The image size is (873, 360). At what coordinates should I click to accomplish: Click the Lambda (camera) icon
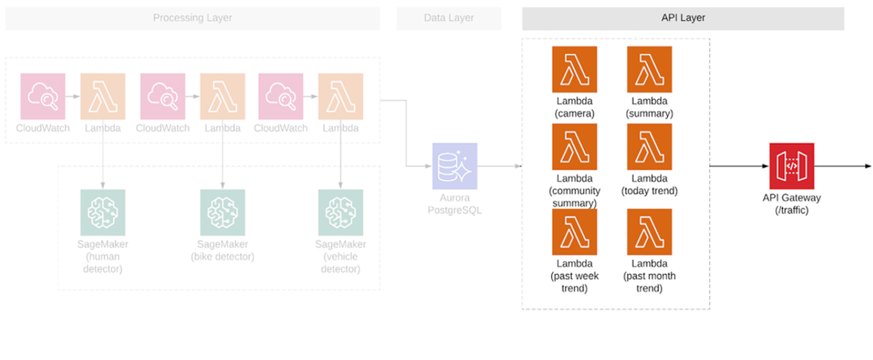(574, 69)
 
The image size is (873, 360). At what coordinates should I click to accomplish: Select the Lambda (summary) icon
(649, 69)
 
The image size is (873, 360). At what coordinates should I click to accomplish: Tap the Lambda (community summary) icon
(574, 147)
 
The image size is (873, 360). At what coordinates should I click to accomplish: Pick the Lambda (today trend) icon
(649, 147)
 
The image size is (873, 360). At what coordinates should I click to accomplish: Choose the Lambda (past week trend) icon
(574, 232)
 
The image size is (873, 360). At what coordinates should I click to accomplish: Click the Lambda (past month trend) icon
(649, 232)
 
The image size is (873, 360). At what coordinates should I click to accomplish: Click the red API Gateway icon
(791, 166)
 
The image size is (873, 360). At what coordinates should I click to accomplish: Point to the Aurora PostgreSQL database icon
(455, 166)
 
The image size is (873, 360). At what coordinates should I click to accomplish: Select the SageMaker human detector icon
(103, 212)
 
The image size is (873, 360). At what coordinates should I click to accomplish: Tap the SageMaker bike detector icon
(222, 212)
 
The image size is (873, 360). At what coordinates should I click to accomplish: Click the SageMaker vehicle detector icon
(340, 212)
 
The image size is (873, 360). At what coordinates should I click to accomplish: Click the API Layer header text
(683, 18)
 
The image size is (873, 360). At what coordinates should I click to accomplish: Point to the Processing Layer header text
(193, 18)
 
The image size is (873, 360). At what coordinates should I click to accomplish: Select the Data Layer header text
(449, 18)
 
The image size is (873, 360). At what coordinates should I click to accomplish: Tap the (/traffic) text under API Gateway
(792, 210)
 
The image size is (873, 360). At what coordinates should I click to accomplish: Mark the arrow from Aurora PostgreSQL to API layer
(499, 166)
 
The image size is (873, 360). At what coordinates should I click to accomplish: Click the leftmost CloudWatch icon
(43, 97)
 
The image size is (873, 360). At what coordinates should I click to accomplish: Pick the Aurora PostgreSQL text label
(455, 204)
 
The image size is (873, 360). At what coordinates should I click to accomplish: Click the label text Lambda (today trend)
(649, 184)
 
